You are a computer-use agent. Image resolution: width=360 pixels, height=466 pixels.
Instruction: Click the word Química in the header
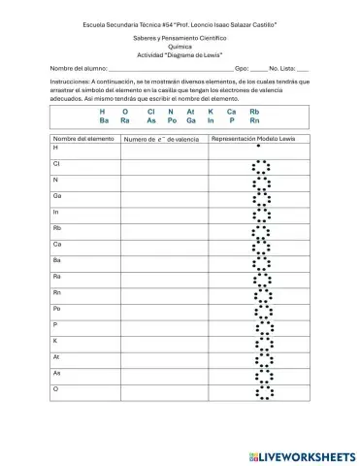(x=180, y=45)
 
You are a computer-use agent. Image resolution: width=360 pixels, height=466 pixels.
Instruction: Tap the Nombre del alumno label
(x=78, y=70)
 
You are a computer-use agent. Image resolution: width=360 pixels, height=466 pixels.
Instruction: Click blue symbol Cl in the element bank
(x=151, y=112)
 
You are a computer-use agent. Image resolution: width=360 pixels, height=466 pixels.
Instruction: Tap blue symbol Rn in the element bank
(x=254, y=121)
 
